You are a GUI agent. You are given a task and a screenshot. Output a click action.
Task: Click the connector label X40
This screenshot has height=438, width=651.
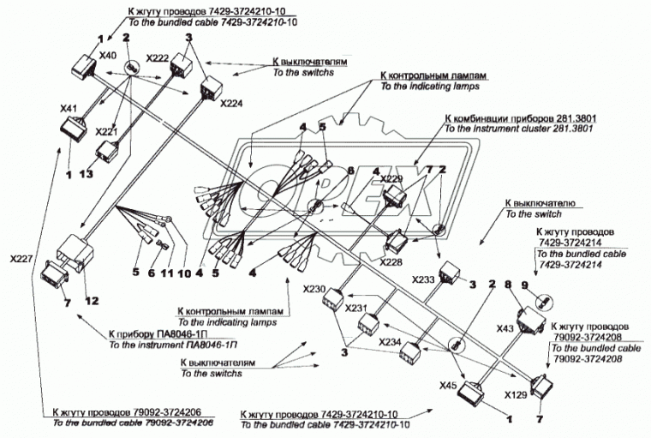(108, 56)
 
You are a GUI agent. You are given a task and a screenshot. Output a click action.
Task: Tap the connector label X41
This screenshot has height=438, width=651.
(69, 110)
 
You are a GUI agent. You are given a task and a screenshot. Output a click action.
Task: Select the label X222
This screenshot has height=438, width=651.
(157, 57)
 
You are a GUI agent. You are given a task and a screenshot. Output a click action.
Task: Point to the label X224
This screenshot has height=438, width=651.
(231, 103)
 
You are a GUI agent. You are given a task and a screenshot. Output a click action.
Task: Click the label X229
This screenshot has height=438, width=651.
(391, 179)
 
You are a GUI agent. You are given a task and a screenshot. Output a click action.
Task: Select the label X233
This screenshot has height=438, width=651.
(423, 279)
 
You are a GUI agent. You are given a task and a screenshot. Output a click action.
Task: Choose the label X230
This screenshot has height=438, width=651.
(314, 290)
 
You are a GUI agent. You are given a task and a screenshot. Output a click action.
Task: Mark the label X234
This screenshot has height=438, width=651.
(390, 342)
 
